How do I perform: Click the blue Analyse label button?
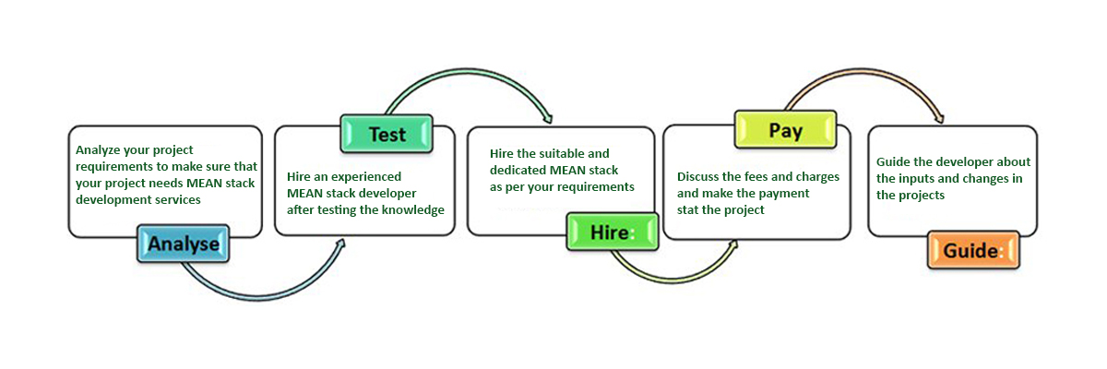pyautogui.click(x=184, y=244)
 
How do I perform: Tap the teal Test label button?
pyautogui.click(x=387, y=134)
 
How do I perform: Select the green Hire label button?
pyautogui.click(x=613, y=232)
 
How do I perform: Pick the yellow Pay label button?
pyautogui.click(x=785, y=130)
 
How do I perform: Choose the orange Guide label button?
pyautogui.click(x=973, y=250)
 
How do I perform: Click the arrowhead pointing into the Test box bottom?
pyautogui.click(x=340, y=245)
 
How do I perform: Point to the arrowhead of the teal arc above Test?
pyautogui.click(x=548, y=119)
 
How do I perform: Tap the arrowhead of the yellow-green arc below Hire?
pyautogui.click(x=732, y=245)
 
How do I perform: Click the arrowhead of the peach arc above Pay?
pyautogui.click(x=939, y=118)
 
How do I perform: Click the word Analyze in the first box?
pyautogui.click(x=98, y=150)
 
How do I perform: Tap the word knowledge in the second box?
pyautogui.click(x=412, y=210)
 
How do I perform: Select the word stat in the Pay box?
pyautogui.click(x=687, y=210)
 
